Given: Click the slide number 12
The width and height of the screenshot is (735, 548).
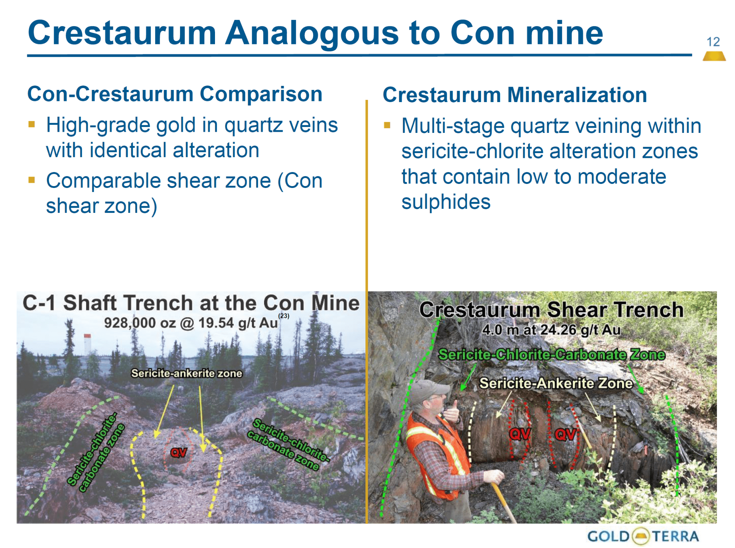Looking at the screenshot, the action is click(x=713, y=42).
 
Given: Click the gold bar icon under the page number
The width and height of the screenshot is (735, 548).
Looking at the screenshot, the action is click(x=714, y=56).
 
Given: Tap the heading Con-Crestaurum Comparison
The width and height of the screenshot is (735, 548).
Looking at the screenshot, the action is click(x=175, y=94).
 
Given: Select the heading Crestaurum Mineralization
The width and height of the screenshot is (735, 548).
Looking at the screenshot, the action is click(x=514, y=95).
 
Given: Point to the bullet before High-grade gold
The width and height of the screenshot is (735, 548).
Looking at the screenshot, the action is click(x=32, y=124).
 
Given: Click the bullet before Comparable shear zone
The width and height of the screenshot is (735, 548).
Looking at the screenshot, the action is click(x=32, y=180).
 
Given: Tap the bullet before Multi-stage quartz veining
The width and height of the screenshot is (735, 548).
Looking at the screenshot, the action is click(x=387, y=125).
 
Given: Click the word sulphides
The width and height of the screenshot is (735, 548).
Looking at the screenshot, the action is click(x=446, y=202).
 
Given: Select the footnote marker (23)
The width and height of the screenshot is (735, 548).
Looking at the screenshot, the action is click(x=284, y=316).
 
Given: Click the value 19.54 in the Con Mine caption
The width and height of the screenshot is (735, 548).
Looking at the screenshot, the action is click(x=216, y=323).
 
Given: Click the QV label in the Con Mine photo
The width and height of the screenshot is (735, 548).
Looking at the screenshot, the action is click(x=179, y=453).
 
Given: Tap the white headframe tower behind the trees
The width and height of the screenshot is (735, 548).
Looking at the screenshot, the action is click(x=87, y=344).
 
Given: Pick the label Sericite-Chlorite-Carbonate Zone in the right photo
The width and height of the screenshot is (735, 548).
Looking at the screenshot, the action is click(x=552, y=355).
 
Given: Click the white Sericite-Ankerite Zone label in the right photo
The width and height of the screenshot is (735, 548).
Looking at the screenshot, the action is click(x=556, y=383).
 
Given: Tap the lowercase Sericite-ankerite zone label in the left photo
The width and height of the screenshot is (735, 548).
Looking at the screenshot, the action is click(x=187, y=373).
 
